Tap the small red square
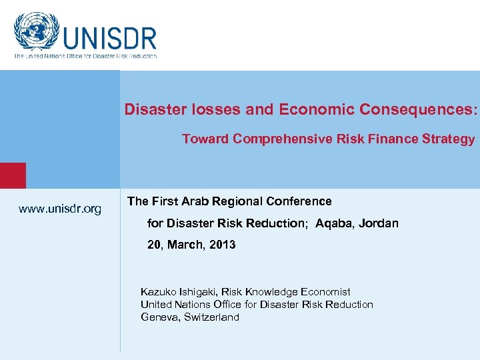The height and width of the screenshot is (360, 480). [x=13, y=175]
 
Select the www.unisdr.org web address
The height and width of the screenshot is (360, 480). [x=60, y=209]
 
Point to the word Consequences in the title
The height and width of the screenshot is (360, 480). [x=418, y=109]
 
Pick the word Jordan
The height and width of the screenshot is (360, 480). [x=379, y=223]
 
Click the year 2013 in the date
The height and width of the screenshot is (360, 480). [x=222, y=245]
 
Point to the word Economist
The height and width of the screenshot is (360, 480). [x=325, y=292]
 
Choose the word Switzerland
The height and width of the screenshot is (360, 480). [x=212, y=317]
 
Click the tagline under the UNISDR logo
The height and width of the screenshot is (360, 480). [x=85, y=56]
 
